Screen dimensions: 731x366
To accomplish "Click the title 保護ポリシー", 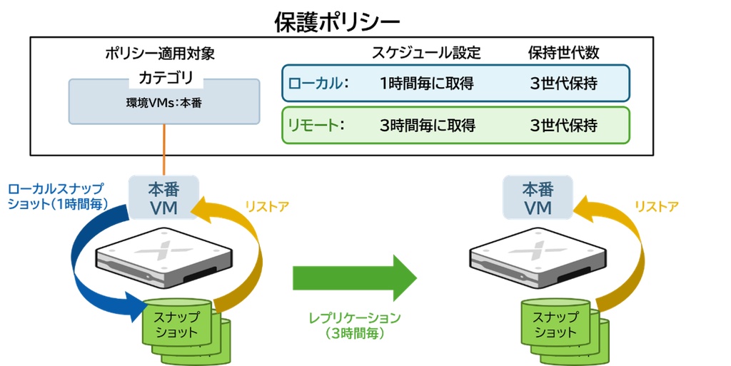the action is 337,22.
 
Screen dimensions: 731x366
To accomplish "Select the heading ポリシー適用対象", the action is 160,54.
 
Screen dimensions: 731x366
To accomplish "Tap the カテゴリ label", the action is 166,77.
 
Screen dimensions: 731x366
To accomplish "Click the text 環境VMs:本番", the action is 163,103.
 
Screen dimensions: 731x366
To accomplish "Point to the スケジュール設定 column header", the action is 426,53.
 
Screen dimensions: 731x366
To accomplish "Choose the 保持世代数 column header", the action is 564,53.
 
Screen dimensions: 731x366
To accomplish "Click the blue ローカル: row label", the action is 318,83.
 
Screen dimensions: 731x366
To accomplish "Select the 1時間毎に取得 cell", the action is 427,83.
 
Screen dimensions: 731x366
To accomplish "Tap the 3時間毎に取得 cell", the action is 428,126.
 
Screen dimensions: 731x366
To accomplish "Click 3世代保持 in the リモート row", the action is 564,126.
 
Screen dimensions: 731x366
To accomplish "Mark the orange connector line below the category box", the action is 164,150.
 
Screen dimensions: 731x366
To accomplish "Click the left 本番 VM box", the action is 163,198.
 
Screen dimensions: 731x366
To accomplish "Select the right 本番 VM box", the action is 538,198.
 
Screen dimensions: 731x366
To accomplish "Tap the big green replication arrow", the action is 354,278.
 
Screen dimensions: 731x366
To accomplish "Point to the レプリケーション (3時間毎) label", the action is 355,325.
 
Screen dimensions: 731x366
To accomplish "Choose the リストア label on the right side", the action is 657,207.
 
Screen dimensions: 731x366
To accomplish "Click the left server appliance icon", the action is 164,255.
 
